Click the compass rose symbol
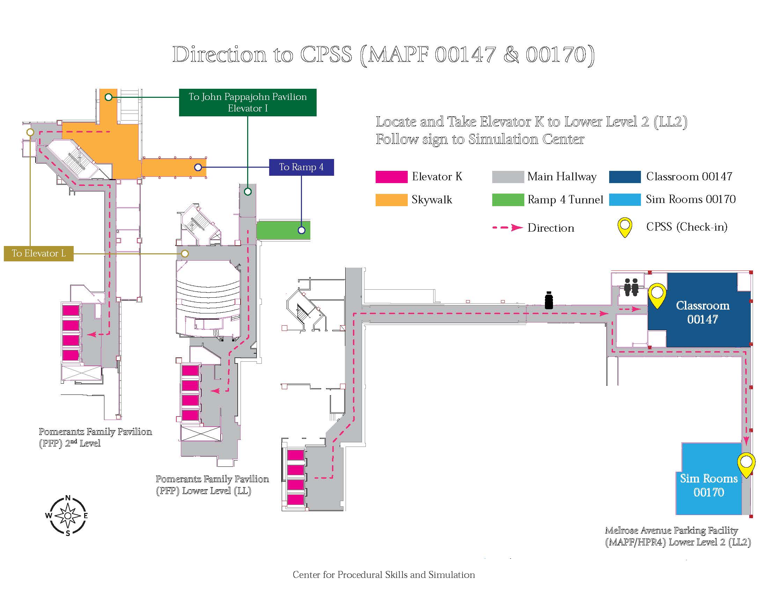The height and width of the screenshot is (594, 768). click(68, 515)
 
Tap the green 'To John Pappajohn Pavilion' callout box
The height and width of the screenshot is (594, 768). click(248, 102)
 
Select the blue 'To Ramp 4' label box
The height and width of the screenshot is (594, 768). click(301, 167)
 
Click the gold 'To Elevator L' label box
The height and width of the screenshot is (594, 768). click(39, 253)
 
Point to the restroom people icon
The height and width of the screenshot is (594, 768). click(631, 287)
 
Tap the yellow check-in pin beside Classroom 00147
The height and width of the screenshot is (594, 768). click(657, 295)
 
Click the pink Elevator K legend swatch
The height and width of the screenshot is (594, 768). click(391, 177)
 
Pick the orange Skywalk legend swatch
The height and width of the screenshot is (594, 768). click(391, 200)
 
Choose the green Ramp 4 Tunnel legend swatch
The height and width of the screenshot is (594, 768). click(508, 200)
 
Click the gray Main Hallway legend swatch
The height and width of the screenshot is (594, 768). click(508, 177)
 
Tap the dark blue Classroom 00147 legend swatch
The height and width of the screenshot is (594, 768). click(625, 177)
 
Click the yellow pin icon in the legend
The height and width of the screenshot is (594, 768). click(625, 227)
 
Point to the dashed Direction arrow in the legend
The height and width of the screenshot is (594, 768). click(508, 228)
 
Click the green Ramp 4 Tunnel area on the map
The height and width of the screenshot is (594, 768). click(283, 230)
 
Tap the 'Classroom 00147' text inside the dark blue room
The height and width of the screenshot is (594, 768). click(703, 312)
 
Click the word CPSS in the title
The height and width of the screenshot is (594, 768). click(326, 55)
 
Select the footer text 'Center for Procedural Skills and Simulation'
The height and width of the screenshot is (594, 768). click(384, 575)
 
